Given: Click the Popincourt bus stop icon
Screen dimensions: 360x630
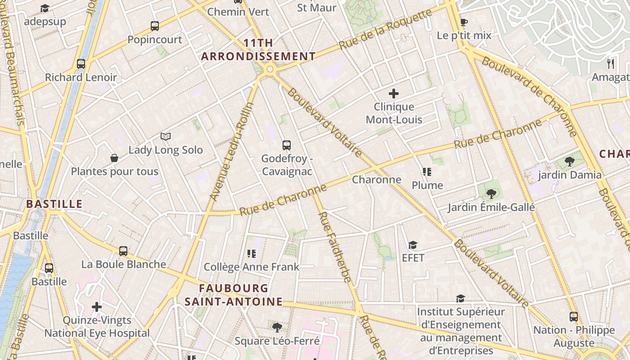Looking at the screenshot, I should coord(155,26).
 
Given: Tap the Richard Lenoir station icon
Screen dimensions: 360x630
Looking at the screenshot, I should coord(81,64).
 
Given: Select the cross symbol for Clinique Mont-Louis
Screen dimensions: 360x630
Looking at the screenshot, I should coord(394,94).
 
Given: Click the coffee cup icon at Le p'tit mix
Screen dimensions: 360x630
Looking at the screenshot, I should coord(464,22).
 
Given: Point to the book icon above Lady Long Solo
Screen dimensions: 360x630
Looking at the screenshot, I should coord(166,136).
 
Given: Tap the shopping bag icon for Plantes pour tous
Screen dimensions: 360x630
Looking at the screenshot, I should coord(114,158).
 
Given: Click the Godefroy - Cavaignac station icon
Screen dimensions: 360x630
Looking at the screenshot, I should coord(287,145).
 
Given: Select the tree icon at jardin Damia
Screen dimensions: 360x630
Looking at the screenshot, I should coord(569,162).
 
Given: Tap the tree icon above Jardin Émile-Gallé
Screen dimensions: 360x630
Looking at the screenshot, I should coord(491,194).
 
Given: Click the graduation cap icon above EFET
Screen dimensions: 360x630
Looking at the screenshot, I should coord(413,245).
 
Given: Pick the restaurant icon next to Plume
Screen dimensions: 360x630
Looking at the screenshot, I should coord(427,172).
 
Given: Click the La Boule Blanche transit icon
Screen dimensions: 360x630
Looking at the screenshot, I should coord(123,251).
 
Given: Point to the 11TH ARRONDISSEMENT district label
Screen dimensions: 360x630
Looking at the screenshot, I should coord(258,50).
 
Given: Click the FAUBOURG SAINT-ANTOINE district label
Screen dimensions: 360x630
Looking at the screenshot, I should coord(234,295).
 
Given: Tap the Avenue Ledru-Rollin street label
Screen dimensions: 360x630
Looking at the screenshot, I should coord(232,151).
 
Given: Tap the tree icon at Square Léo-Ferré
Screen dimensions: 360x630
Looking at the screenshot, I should coord(277,327).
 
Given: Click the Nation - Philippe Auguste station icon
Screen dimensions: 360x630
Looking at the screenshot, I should coord(573,317).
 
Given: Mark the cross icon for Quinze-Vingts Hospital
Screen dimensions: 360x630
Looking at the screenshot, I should coord(97,307).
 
